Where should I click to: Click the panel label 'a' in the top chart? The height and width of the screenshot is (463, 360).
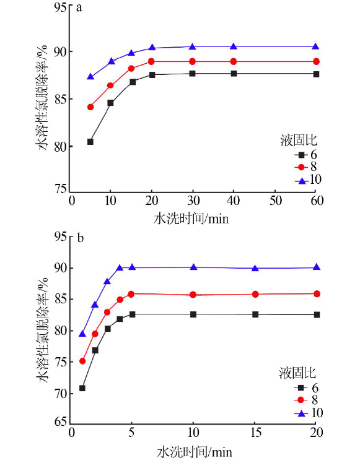click(x=79, y=8)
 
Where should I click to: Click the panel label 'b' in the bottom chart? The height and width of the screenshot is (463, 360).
click(x=81, y=238)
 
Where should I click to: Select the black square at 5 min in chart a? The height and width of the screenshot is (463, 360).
click(x=90, y=142)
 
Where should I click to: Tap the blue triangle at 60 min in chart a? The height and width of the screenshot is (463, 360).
click(x=315, y=46)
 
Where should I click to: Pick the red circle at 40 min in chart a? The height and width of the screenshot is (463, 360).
click(x=234, y=61)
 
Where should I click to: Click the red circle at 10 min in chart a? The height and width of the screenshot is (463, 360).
click(x=110, y=85)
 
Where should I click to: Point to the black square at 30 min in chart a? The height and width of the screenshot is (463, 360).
click(x=193, y=73)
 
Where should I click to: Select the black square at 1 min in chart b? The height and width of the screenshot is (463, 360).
click(x=82, y=388)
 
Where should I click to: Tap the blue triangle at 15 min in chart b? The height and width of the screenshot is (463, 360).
click(x=255, y=268)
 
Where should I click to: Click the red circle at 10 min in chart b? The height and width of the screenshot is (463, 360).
click(x=193, y=295)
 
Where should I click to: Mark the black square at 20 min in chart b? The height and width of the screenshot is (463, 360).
click(x=317, y=315)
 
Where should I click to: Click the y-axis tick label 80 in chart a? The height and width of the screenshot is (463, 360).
click(x=60, y=147)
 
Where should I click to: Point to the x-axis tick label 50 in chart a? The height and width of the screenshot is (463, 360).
click(x=275, y=201)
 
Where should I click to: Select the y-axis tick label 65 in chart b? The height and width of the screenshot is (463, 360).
click(x=61, y=422)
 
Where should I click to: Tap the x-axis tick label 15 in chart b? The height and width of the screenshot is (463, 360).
click(x=256, y=433)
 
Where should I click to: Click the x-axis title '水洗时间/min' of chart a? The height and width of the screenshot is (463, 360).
click(x=191, y=219)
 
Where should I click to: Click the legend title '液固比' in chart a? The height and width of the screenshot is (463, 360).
click(x=299, y=141)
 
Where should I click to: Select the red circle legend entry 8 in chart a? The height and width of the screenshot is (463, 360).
click(x=305, y=167)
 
